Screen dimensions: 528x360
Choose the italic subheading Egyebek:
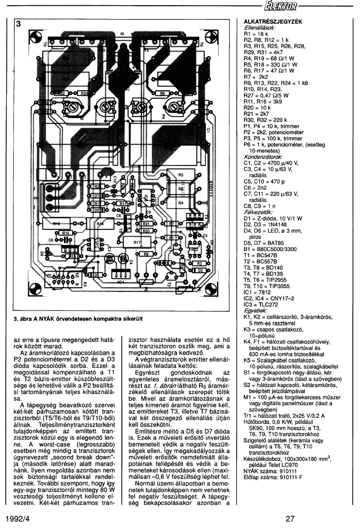(x=254, y=310)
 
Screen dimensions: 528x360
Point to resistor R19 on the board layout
(x=56, y=224)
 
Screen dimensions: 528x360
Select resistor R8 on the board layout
(x=146, y=254)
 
